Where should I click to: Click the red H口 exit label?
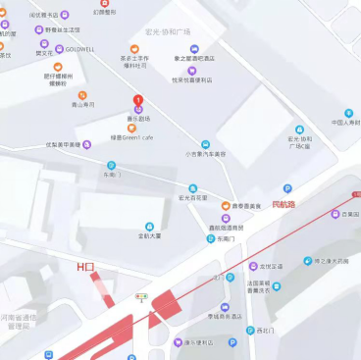(x=86, y=267)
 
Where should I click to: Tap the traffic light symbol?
(x=141, y=295)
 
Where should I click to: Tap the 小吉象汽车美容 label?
(x=205, y=154)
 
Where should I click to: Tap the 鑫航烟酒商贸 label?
(x=226, y=228)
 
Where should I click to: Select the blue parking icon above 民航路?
(x=287, y=188)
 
